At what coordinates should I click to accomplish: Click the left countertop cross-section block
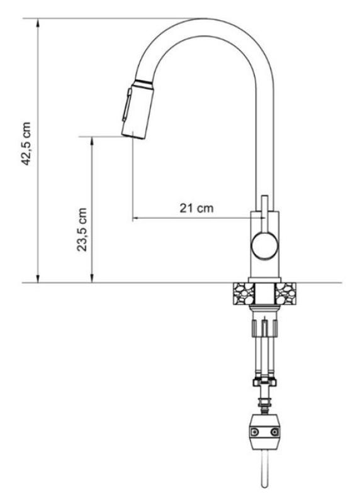[242, 292]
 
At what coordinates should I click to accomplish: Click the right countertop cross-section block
[286, 292]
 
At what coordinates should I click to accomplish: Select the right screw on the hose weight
[274, 432]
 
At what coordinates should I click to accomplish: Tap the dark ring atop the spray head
[142, 82]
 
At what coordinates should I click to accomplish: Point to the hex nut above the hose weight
[264, 381]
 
